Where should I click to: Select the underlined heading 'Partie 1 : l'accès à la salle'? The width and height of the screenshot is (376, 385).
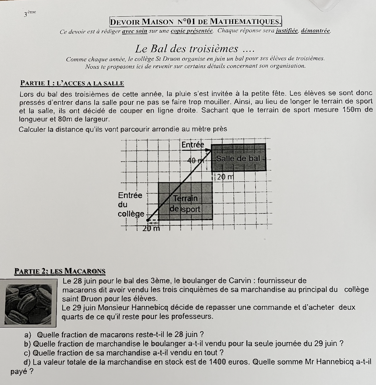click(x=72, y=83)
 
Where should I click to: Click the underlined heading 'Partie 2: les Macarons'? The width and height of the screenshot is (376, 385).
click(x=60, y=271)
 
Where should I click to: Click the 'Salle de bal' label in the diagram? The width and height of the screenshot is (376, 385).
click(x=238, y=158)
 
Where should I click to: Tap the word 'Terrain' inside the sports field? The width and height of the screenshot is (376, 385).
click(x=185, y=198)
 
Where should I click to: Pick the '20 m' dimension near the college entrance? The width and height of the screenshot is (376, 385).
click(x=151, y=228)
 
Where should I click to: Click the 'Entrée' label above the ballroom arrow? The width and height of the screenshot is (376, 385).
click(x=193, y=145)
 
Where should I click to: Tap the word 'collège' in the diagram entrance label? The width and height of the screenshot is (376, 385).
click(x=131, y=214)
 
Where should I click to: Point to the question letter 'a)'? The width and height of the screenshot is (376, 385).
click(x=30, y=334)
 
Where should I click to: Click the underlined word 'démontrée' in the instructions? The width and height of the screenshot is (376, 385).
click(x=316, y=31)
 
